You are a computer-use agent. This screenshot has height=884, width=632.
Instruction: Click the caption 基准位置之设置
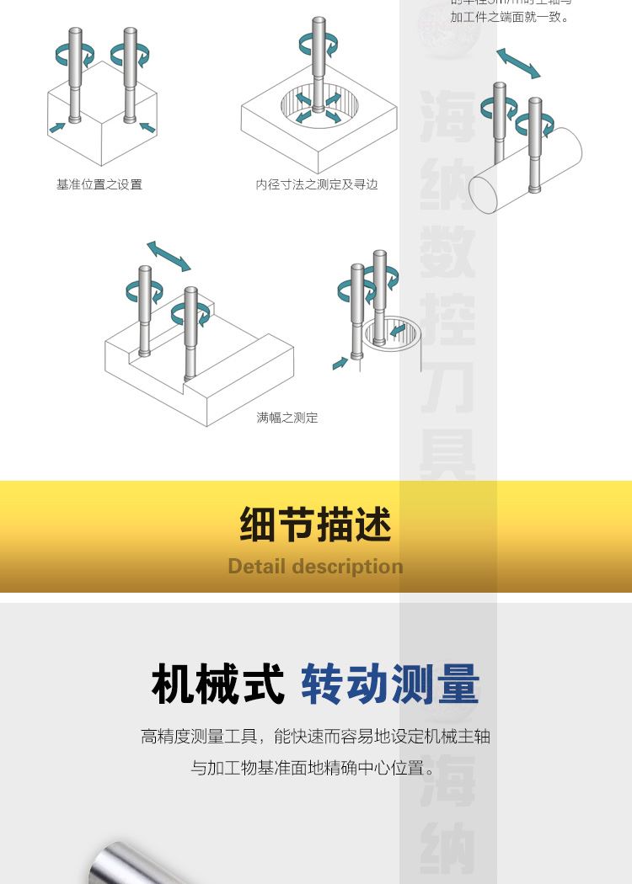tap(99, 184)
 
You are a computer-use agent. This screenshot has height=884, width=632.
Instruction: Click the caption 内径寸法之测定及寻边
tap(317, 184)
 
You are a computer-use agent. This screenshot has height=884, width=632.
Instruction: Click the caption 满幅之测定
tap(287, 418)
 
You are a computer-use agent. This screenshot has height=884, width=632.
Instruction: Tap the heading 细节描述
tap(316, 525)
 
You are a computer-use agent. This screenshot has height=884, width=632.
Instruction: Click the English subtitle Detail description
tap(316, 567)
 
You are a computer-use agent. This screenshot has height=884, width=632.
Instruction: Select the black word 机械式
tap(218, 684)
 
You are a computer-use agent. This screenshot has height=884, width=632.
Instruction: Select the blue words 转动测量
tap(390, 684)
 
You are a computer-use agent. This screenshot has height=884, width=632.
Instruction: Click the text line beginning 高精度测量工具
tap(316, 737)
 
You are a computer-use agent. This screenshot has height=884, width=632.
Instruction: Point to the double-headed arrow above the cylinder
tap(518, 64)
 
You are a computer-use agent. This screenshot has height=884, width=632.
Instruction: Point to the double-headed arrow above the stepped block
tap(169, 256)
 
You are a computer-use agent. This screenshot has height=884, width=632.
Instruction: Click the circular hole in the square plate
tap(319, 109)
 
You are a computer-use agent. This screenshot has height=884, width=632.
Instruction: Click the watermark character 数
tap(447, 253)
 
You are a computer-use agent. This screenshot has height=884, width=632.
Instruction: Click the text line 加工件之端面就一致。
tap(510, 17)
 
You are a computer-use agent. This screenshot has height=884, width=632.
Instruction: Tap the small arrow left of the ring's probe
tap(340, 363)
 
